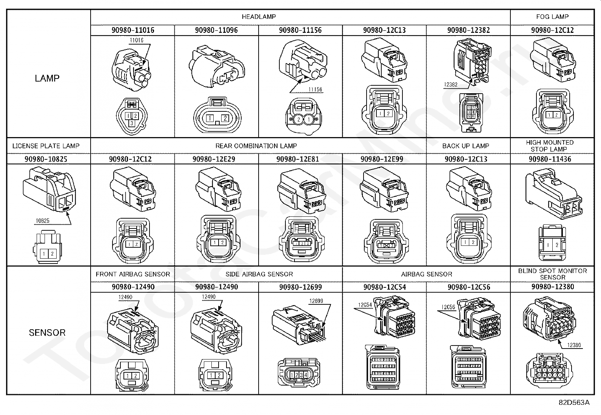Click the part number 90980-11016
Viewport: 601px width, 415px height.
[x=133, y=30]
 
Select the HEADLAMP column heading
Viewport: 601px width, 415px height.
[x=259, y=17]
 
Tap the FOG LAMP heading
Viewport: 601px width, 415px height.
[x=552, y=17]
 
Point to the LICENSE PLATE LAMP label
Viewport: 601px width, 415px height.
[x=46, y=146]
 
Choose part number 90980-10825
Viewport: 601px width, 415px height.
[x=46, y=159]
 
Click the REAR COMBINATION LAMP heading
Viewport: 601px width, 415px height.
[x=256, y=146]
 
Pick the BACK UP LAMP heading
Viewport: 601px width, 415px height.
[x=465, y=146]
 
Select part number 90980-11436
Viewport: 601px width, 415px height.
[x=550, y=159]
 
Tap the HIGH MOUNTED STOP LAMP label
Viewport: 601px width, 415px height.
[x=550, y=146]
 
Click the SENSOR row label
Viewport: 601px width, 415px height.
[x=47, y=333]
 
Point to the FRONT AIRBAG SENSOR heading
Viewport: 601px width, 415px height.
[x=133, y=274]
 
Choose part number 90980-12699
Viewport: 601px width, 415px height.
[x=300, y=287]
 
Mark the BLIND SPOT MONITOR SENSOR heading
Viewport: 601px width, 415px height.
[x=552, y=274]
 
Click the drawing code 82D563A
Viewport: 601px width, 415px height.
[x=574, y=403]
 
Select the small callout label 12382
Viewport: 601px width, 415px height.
[x=450, y=85]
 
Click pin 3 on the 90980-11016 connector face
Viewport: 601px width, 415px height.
[x=131, y=123]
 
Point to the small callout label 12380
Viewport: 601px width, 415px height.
[x=574, y=345]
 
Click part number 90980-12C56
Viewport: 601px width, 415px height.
[x=468, y=287]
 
